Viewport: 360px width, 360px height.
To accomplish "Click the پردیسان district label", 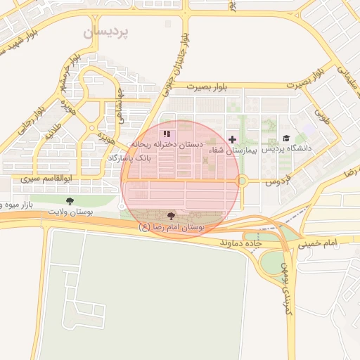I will (x=106, y=32).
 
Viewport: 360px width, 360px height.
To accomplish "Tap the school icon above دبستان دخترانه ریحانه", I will (x=166, y=133).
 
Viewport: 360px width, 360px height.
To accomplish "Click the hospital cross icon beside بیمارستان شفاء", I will (x=233, y=139).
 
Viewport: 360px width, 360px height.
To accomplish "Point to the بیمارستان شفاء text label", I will (x=226, y=151).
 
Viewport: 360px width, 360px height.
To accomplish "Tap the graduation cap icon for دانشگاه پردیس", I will (x=285, y=138).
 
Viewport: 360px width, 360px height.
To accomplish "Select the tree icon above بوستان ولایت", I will (x=68, y=201).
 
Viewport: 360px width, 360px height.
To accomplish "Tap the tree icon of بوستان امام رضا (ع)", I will (x=172, y=216).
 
